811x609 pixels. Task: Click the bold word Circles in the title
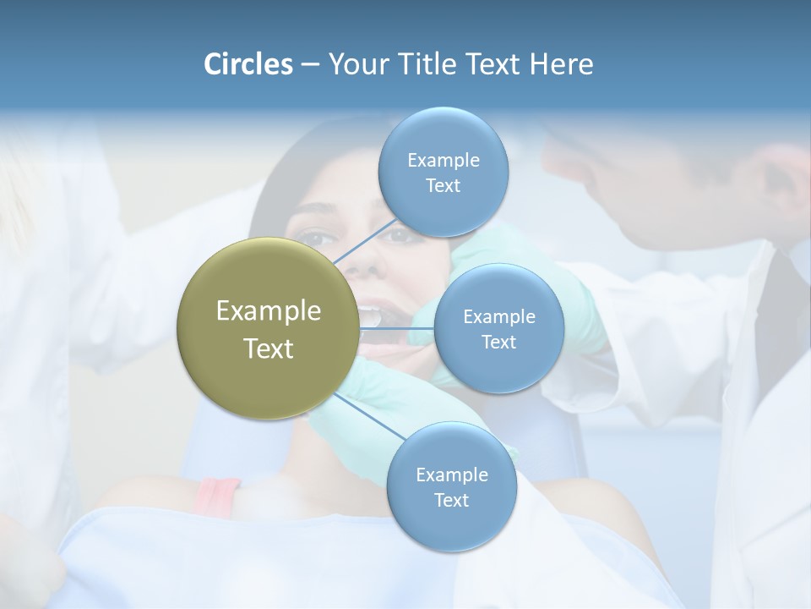(x=248, y=64)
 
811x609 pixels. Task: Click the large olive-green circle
(x=268, y=328)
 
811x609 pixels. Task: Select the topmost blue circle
(x=443, y=172)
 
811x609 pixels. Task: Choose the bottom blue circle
(x=451, y=486)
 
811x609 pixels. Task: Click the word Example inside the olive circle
(x=268, y=311)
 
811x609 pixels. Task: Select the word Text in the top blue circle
(x=443, y=186)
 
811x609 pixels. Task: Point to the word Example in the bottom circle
(x=451, y=475)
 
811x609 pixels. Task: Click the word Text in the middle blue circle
(x=498, y=343)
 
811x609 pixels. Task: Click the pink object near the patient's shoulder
(x=217, y=496)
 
